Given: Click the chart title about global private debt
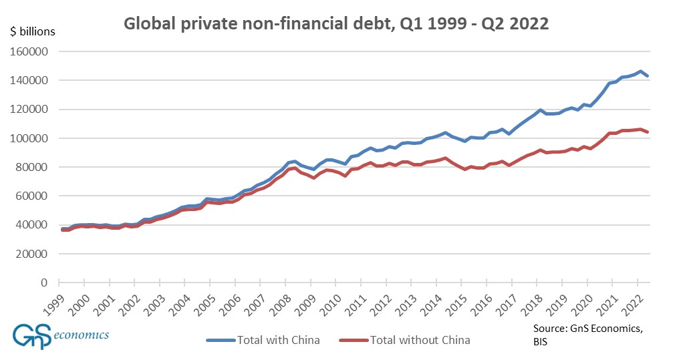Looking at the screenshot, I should coord(336,24).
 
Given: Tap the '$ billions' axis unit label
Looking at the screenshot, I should coord(33,31).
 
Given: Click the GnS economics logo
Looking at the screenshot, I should coord(60,335).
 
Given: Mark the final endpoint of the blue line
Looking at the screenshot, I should coord(648,76).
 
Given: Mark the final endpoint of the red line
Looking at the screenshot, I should coord(648,132).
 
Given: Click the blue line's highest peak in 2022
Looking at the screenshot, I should coord(640,71).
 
